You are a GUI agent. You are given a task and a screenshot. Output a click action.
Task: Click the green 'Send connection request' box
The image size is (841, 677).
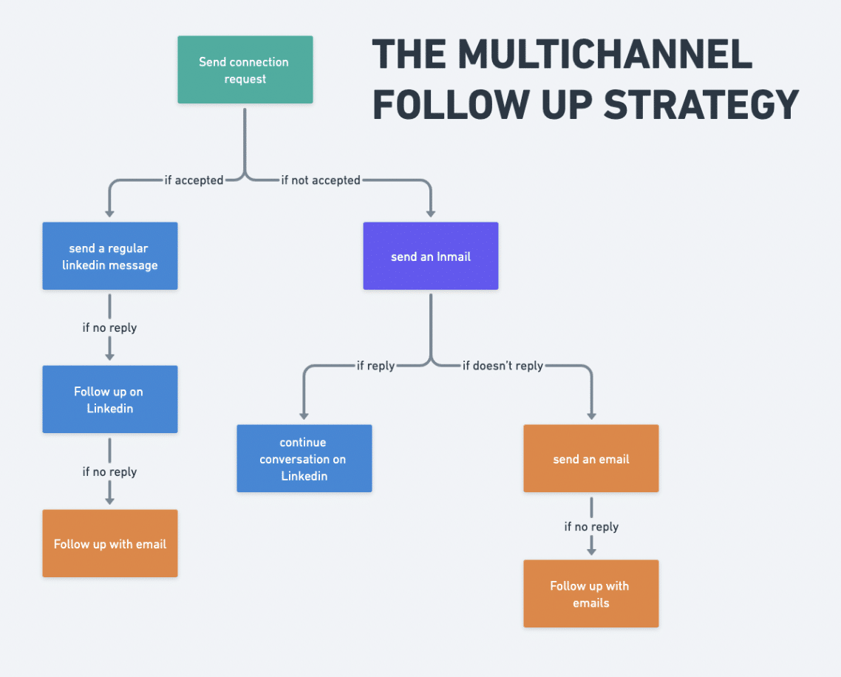245,70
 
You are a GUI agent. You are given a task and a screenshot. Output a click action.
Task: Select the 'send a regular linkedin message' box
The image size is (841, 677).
109,256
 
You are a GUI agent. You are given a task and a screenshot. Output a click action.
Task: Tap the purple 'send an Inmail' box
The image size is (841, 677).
431,256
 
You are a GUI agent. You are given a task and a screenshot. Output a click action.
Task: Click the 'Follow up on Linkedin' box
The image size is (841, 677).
109,399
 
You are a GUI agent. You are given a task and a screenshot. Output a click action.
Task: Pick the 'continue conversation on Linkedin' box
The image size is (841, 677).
304,459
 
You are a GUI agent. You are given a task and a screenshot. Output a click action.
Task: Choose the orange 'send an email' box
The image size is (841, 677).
590,459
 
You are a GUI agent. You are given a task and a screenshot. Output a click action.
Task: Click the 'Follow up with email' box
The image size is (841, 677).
109,544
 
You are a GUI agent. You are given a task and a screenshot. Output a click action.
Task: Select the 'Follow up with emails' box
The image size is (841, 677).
590,594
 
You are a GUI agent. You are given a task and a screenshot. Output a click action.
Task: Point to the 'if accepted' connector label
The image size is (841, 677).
194,180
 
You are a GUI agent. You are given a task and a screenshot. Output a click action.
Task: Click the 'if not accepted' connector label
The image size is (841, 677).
321,180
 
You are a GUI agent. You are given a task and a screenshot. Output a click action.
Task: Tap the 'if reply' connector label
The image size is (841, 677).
375,365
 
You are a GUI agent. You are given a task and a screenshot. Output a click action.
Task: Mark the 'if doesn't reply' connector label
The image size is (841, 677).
503,365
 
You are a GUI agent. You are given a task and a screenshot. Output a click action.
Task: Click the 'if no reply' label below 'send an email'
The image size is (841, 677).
591,526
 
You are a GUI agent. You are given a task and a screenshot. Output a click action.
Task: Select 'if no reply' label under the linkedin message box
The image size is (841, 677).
109,327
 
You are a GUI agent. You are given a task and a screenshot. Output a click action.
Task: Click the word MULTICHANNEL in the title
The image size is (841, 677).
605,55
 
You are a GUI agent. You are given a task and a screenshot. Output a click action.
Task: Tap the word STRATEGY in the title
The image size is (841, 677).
701,104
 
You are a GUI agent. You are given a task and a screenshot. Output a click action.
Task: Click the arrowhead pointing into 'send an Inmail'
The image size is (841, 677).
431,212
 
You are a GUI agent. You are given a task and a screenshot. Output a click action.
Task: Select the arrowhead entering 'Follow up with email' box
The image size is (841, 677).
109,500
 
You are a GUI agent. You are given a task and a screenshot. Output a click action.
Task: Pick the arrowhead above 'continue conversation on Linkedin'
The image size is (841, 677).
304,415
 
